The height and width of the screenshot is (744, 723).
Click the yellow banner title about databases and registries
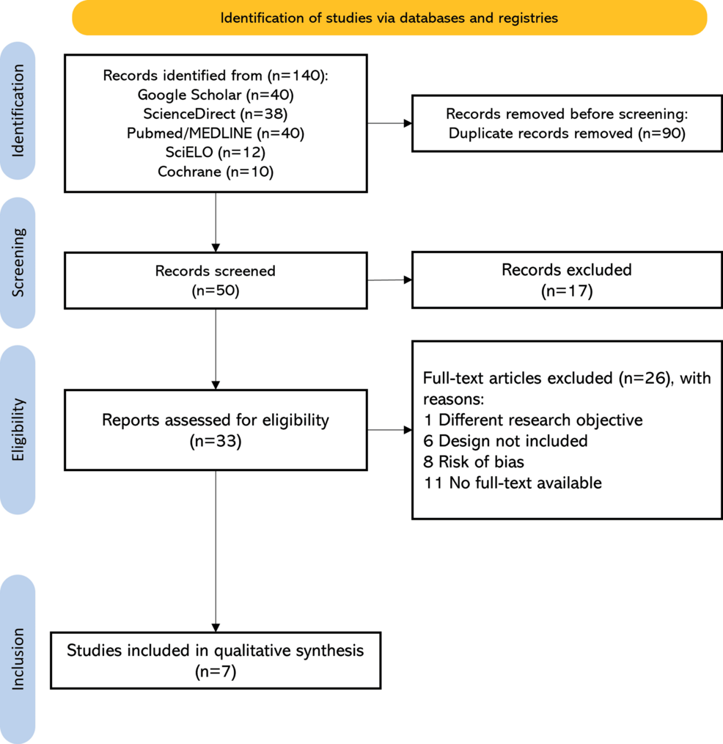click(x=389, y=18)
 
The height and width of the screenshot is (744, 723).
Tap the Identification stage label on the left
click(x=18, y=111)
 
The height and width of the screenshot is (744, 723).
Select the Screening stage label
click(x=18, y=263)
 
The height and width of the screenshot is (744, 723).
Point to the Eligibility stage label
click(x=18, y=429)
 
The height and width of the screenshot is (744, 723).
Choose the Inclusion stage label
click(x=18, y=659)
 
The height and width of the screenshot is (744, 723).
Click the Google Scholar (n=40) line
click(x=216, y=95)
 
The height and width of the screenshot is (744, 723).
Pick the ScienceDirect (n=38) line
click(x=216, y=114)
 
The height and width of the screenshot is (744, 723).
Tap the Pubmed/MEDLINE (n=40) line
click(x=216, y=134)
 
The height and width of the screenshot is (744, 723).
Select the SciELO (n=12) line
click(x=216, y=153)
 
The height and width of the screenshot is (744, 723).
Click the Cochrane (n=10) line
click(x=216, y=171)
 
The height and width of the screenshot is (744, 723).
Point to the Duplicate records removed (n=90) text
click(x=567, y=134)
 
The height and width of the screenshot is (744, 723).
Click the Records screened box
click(x=216, y=280)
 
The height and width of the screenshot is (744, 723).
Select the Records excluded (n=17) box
click(x=567, y=280)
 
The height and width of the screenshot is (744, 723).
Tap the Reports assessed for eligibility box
click(x=216, y=430)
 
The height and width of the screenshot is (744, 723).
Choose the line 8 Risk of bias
click(x=474, y=462)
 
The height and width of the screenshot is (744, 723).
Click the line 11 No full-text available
click(x=513, y=483)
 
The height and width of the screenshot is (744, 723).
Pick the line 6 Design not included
click(x=505, y=441)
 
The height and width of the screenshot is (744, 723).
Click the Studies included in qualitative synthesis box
click(x=216, y=660)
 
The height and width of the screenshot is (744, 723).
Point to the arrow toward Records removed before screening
click(x=389, y=123)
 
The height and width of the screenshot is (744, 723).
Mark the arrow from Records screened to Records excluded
click(x=389, y=280)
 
